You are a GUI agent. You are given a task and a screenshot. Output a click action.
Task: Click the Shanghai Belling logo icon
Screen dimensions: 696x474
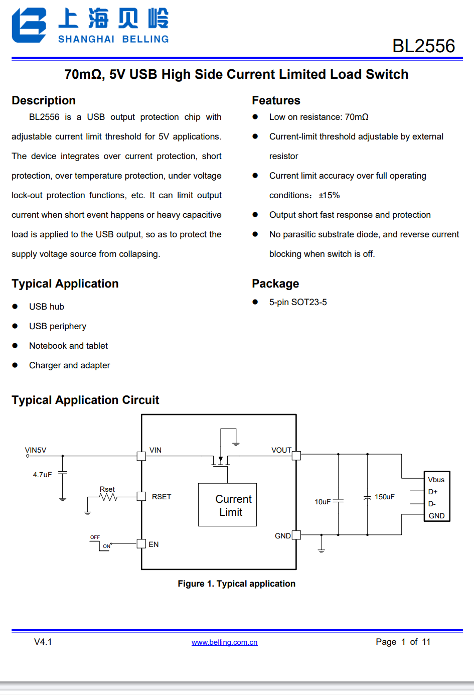29,25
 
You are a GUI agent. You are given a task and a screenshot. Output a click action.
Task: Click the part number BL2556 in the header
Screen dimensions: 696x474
423,46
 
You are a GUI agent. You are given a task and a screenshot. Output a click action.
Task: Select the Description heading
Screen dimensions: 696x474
44,100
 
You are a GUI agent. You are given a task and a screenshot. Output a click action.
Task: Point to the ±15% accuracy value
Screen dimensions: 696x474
329,195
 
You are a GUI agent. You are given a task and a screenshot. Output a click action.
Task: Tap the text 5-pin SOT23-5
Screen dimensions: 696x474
298,302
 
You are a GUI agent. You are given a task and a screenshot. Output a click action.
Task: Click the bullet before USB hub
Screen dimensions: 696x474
15,307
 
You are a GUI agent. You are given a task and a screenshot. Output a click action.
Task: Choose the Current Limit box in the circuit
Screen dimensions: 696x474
227,505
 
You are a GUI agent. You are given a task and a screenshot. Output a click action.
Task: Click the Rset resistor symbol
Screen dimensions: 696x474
108,497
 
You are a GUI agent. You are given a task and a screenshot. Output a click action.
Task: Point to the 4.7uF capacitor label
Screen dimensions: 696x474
42,475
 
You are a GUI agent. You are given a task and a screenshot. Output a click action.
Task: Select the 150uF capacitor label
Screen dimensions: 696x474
385,497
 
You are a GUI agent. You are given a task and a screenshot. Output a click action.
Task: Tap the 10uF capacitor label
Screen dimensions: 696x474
323,502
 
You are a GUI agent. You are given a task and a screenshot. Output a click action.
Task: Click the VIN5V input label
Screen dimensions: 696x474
36,450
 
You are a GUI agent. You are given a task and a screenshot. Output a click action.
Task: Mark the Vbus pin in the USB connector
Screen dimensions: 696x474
436,480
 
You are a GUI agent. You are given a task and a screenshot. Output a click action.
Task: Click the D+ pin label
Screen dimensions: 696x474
432,492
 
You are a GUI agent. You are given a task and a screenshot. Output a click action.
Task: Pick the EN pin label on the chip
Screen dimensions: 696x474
153,544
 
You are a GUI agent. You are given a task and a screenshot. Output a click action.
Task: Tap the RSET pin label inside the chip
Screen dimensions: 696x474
162,497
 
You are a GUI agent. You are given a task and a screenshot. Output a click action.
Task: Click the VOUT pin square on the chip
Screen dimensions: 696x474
296,456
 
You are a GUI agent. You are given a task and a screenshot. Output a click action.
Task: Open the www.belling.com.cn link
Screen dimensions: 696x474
224,642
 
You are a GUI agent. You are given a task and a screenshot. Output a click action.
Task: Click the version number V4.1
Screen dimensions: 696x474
43,642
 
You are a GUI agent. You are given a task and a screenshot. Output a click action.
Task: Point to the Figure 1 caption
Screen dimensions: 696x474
236,584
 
